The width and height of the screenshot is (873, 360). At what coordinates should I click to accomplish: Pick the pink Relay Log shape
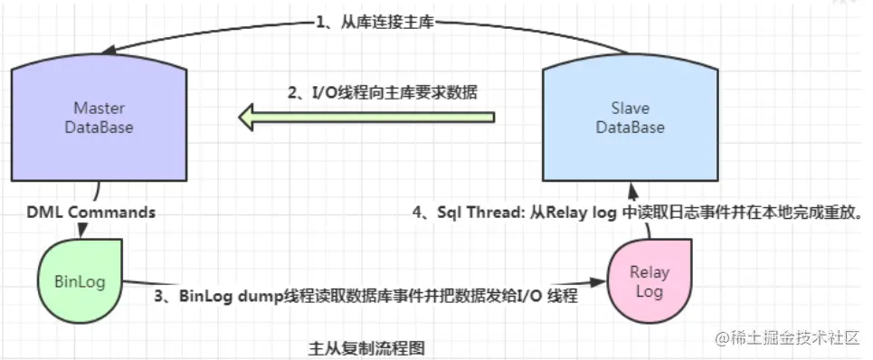(x=649, y=281)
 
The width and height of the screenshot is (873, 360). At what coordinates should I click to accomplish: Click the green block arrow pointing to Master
(x=366, y=117)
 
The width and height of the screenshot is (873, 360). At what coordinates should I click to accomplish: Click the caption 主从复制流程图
(x=366, y=347)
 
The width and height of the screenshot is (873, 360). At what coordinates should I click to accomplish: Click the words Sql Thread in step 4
(x=483, y=214)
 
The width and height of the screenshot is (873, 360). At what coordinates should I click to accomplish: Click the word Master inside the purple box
(x=100, y=109)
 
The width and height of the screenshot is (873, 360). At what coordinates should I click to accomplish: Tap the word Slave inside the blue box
(x=630, y=109)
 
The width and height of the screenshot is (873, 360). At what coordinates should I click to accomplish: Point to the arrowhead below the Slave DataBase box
(x=633, y=191)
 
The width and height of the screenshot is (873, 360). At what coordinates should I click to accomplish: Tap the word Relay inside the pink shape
(x=649, y=272)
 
